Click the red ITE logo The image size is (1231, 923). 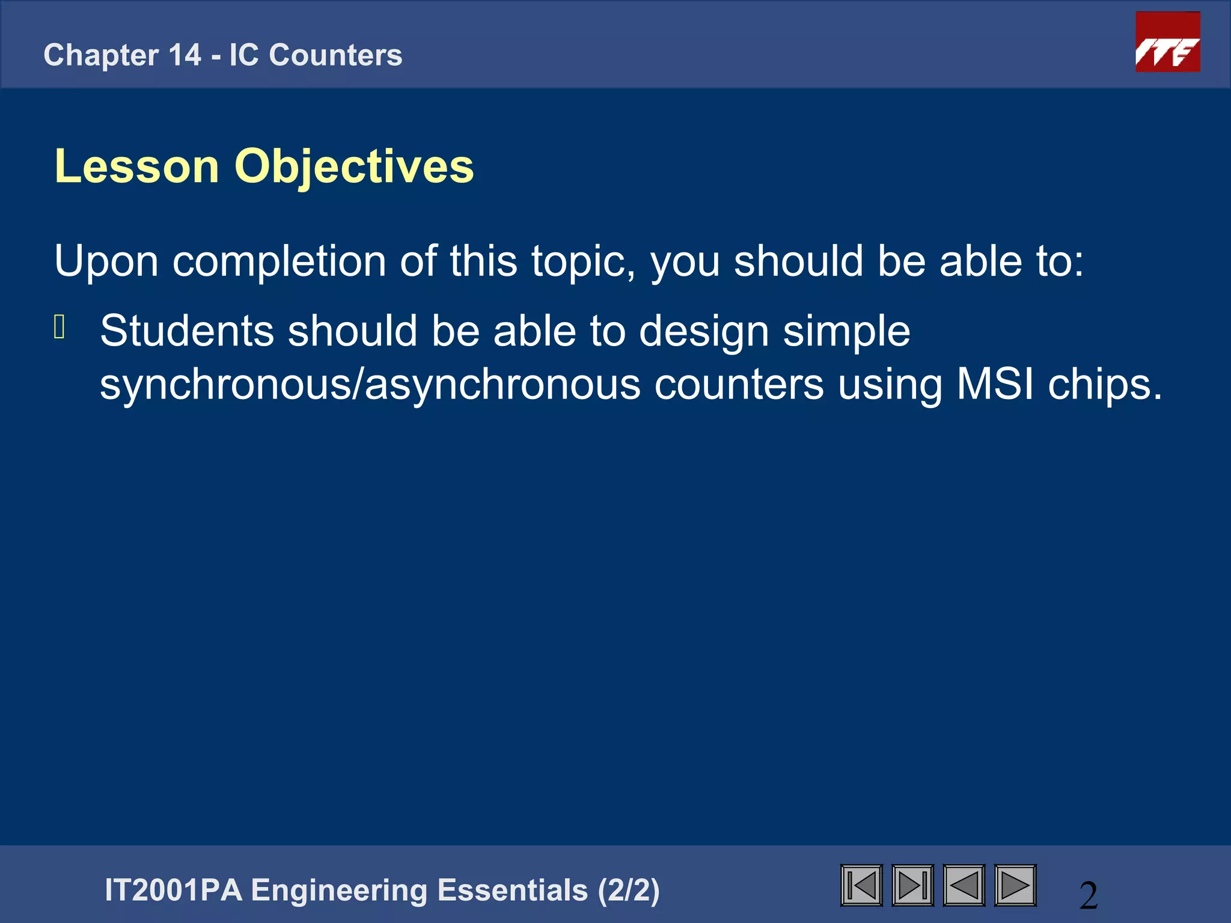point(1167,42)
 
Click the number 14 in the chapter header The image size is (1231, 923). point(185,55)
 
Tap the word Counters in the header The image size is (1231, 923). point(335,55)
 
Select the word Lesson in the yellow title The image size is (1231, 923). point(137,166)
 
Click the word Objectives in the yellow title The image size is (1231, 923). point(354,166)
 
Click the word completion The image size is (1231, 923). point(279,262)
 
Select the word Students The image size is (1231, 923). point(187,331)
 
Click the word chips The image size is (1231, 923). point(1105,385)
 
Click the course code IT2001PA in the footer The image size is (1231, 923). point(174,890)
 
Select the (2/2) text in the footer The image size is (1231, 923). point(629,890)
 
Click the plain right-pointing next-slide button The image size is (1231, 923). point(1015,885)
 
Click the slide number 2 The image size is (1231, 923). point(1089,895)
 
